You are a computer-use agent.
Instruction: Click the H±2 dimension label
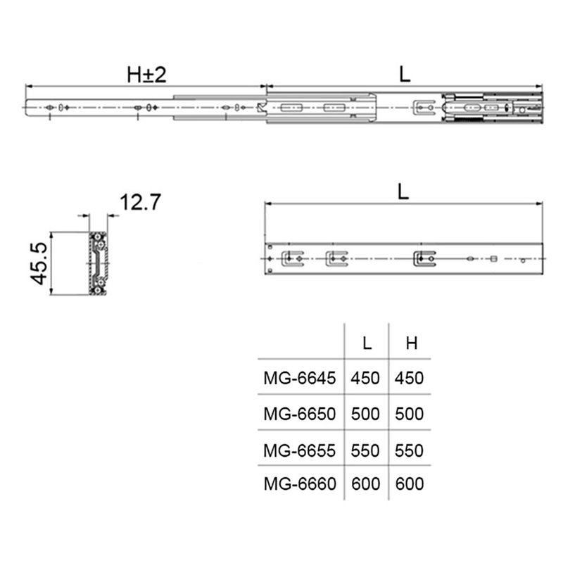[146, 75]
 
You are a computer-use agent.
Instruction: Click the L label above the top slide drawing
[405, 75]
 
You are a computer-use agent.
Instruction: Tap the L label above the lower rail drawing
[403, 192]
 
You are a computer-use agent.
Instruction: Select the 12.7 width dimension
[141, 203]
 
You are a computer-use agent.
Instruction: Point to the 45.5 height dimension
[39, 263]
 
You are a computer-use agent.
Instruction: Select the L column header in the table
[367, 343]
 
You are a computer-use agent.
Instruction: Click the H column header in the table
[412, 343]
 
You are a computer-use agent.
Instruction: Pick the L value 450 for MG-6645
[365, 378]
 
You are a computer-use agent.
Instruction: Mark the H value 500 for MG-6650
[410, 414]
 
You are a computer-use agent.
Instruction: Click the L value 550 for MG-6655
[365, 450]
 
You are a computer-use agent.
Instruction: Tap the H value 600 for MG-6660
[410, 484]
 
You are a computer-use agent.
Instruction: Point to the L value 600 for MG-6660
[365, 484]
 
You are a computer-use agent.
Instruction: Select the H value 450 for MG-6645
[410, 378]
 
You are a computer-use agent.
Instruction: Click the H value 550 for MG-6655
[410, 450]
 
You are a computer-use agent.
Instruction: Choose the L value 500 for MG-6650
[365, 414]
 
